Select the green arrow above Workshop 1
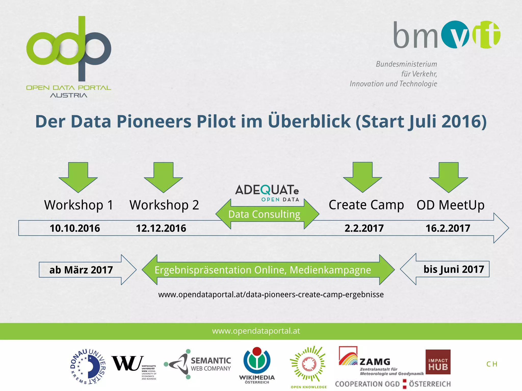click(x=78, y=177)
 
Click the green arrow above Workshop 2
click(x=163, y=177)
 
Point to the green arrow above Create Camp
click(x=362, y=177)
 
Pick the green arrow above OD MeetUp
click(x=449, y=177)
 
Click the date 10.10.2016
click(x=75, y=228)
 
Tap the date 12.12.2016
click(x=161, y=228)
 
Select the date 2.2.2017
click(x=364, y=228)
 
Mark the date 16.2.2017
click(x=448, y=228)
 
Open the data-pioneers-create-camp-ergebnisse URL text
click(x=271, y=295)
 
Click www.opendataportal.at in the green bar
click(x=256, y=331)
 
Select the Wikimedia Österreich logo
click(x=257, y=365)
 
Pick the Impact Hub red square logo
click(x=438, y=362)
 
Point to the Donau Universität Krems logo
click(x=88, y=367)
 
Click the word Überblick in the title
click(x=309, y=121)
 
